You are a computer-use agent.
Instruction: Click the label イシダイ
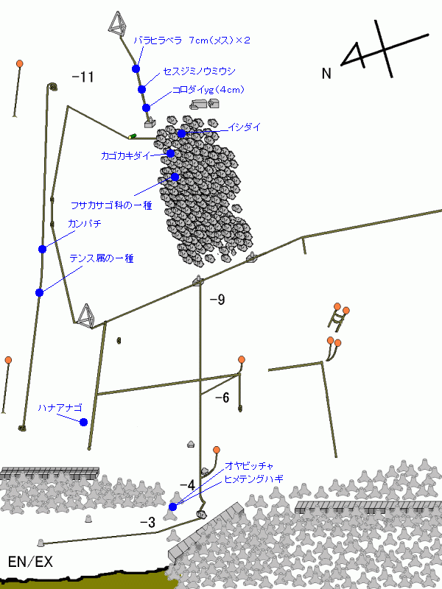pos(245,127)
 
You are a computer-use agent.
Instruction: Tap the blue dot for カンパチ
pos(43,249)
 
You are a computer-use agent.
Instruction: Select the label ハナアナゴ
pos(60,408)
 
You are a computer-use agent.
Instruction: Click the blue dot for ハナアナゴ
pos(83,422)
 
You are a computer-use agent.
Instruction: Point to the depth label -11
pos(83,77)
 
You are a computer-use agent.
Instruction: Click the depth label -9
pos(217,300)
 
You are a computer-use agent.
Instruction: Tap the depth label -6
pos(222,398)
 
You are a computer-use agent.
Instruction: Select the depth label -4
pos(187,485)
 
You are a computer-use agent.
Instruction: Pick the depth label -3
pos(148,522)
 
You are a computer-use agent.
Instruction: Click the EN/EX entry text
pos(30,562)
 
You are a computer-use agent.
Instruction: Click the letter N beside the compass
pos(326,73)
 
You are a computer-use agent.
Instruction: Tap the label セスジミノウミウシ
pos(200,71)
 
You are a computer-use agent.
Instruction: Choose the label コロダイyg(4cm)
pos(208,90)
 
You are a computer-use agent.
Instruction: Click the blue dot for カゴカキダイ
pos(170,153)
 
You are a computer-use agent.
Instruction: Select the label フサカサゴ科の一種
pos(111,205)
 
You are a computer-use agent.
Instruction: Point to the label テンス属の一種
pos(102,258)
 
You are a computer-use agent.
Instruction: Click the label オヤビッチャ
pos(249,466)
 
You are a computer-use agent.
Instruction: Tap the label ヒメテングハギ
pos(253,479)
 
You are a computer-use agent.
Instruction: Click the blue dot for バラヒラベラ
pos(136,68)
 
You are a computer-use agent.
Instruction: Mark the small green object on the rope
pos(133,136)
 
